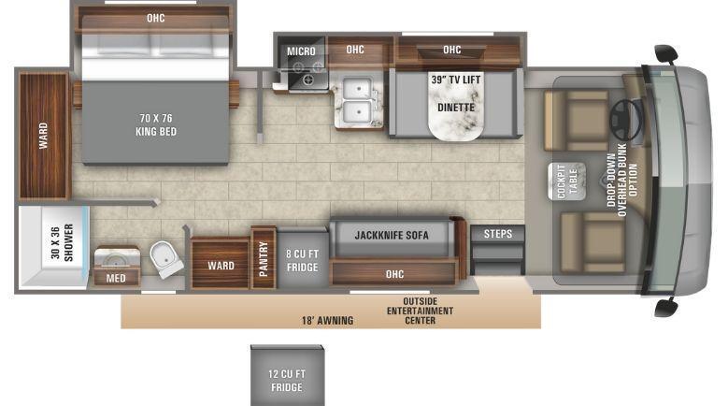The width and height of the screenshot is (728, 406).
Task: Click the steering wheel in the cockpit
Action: pos(625,119)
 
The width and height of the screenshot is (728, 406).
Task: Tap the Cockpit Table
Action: pos(566,181)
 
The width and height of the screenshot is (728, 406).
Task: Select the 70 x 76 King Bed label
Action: pos(156,124)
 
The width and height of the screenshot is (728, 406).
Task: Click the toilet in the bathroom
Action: pos(165,259)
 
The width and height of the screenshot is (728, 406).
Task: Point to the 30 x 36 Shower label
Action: pos(62,242)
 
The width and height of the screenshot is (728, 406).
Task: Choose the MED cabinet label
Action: pos(116,278)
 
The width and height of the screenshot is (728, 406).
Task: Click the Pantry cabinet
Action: pos(264,258)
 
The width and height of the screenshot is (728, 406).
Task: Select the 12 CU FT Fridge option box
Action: pos(288,375)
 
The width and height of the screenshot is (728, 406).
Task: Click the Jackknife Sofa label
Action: pos(392,235)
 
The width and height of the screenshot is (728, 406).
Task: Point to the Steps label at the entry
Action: pos(498,234)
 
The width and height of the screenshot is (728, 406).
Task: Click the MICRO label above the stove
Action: pos(301,51)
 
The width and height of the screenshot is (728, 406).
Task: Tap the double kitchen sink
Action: pos(357,99)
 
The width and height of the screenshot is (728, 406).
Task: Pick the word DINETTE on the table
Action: pos(456,108)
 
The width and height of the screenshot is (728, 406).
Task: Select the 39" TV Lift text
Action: pos(456,80)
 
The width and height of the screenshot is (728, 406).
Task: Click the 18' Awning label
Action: pos(327,320)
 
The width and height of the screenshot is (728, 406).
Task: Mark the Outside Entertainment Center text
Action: pos(420,311)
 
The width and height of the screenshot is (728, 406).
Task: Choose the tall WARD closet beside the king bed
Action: pos(43,136)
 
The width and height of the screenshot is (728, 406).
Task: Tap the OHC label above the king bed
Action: pos(155,18)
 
